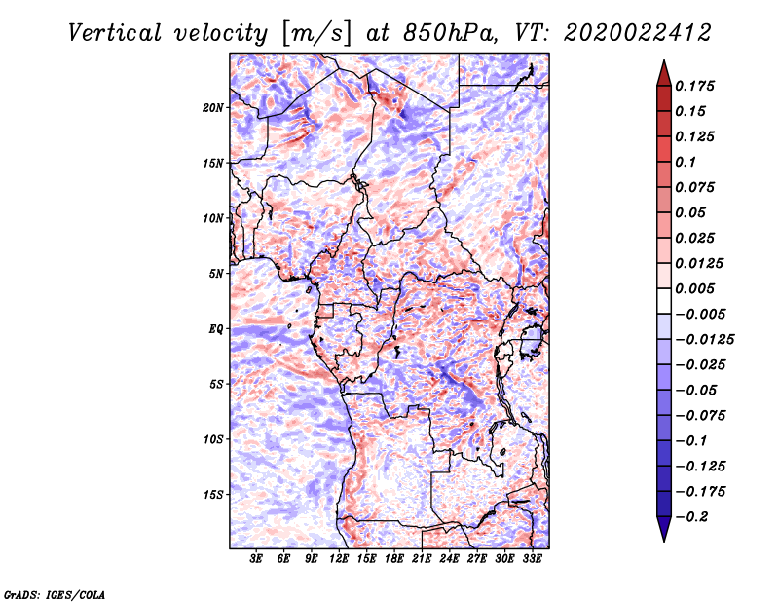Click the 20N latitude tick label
coord(212,108)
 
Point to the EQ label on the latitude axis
coord(216,329)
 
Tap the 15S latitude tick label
coord(212,495)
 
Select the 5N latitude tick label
coord(215,274)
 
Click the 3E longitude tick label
coord(256,559)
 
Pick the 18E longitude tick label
coord(393,559)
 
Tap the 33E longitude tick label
coord(532,559)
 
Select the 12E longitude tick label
coord(338,559)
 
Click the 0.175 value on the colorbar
coord(694,86)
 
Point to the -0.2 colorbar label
coord(691,517)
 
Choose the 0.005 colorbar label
coord(694,288)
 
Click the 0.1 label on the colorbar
coord(686,162)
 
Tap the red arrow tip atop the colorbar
coord(664,60)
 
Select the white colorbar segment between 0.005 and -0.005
coord(664,301)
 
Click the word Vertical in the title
coord(115,33)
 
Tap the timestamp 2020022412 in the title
coord(638,33)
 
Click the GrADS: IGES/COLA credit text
coord(55,595)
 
